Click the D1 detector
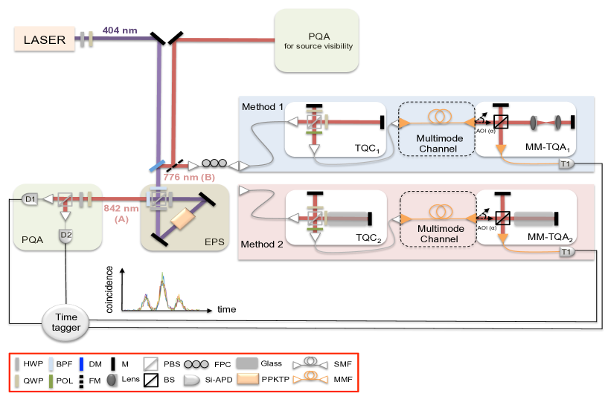click(29, 198)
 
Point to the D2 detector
click(66, 236)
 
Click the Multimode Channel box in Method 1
click(437, 129)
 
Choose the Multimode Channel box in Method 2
click(437, 216)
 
